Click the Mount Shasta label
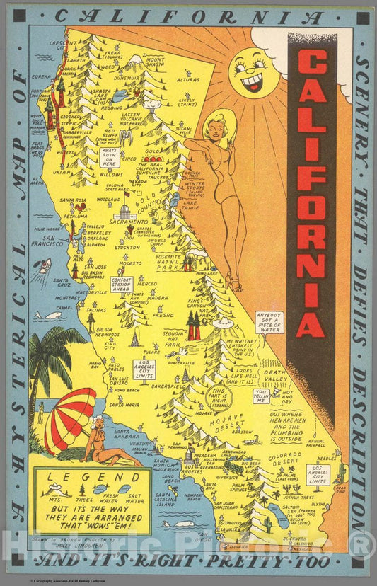point(155,62)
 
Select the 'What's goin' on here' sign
point(110,156)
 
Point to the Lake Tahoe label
point(190,206)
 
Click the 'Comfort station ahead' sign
point(122,284)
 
